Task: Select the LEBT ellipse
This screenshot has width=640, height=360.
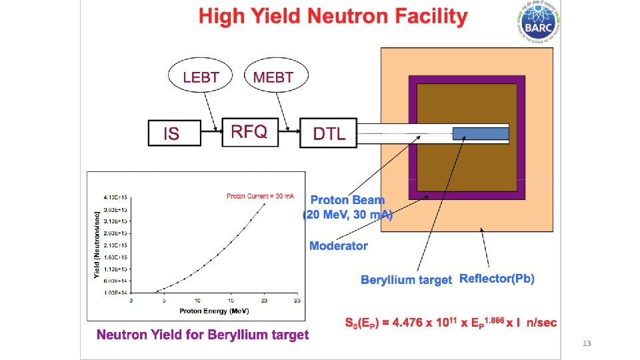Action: click(x=201, y=77)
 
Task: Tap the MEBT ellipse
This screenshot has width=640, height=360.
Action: click(x=273, y=77)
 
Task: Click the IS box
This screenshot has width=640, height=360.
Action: click(x=173, y=133)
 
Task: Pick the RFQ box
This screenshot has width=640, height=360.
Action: click(x=249, y=131)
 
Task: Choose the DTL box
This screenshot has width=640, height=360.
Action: click(x=329, y=133)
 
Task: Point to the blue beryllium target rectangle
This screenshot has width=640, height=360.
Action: click(x=480, y=133)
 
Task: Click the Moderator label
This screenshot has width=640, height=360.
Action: click(x=339, y=246)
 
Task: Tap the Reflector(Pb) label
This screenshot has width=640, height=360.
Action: click(x=497, y=278)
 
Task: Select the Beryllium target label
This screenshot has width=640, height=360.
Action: click(x=406, y=279)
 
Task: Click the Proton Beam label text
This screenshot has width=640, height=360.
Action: click(x=348, y=200)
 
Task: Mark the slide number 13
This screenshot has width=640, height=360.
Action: click(x=587, y=343)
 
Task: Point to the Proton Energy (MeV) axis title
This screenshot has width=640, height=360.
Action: click(x=213, y=311)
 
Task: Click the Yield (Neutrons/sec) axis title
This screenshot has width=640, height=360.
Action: click(x=97, y=244)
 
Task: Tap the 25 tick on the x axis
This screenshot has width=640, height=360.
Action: click(x=297, y=301)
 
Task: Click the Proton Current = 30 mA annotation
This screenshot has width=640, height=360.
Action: click(x=260, y=196)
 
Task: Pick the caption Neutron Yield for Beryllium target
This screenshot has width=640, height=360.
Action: click(x=203, y=335)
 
